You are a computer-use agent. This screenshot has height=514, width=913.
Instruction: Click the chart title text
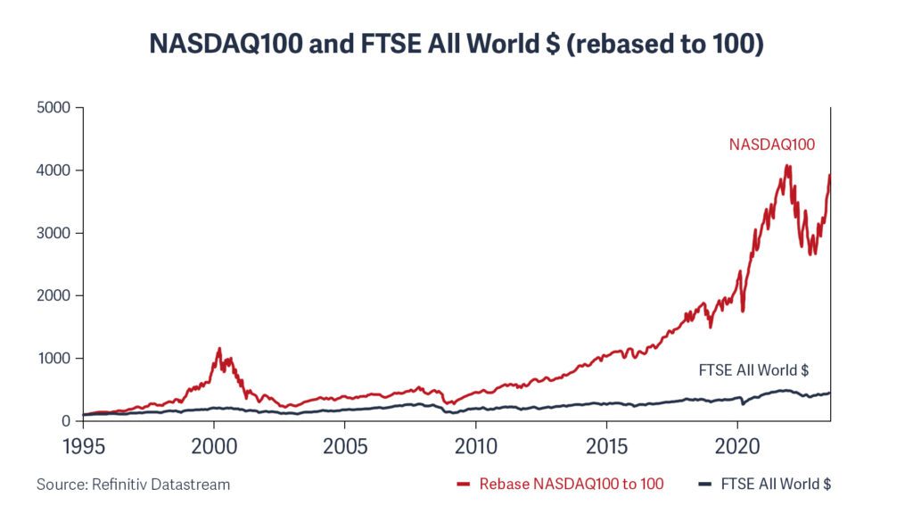456,44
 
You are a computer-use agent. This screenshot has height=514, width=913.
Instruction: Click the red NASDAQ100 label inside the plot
772,144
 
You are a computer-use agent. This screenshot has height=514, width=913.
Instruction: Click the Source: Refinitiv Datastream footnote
134,485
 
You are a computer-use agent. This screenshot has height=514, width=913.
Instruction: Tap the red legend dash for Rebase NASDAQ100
463,485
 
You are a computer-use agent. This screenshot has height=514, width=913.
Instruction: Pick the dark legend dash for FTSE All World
703,485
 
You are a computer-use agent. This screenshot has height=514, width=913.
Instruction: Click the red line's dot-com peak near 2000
219,349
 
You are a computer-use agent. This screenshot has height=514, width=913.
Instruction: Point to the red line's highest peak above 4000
787,166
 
